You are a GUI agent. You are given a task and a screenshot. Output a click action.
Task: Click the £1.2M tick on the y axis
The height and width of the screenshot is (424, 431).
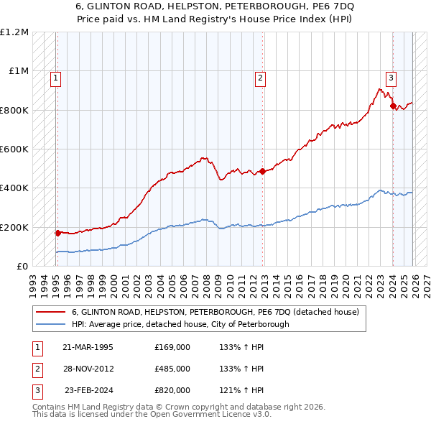pos(14,32)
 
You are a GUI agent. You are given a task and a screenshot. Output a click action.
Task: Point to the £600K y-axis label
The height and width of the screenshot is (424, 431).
pos(14,149)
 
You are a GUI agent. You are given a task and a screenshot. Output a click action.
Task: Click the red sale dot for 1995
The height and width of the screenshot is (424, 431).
pos(57,233)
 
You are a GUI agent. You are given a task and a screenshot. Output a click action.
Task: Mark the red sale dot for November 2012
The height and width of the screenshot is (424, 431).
pos(262,171)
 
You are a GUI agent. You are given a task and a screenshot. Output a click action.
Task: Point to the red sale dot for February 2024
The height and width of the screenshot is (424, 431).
pos(393,106)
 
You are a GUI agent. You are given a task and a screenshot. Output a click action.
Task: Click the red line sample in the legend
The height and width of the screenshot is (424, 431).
pos(51,313)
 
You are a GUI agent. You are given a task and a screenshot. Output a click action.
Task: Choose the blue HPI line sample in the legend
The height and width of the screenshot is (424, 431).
pos(51,324)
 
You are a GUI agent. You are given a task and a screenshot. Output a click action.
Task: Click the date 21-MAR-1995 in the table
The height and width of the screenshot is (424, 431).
pos(88,347)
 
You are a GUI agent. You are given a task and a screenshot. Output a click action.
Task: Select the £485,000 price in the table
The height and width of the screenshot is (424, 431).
pos(172,369)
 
